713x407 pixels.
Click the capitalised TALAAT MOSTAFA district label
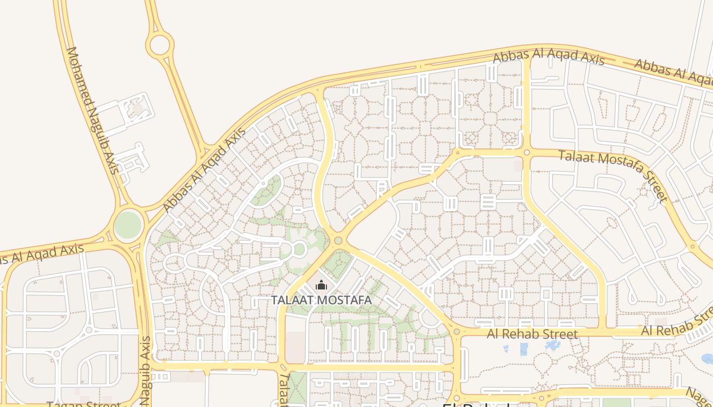pos(321,300)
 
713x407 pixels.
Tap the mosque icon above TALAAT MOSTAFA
pos(321,285)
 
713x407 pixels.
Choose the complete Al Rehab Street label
pos(532,334)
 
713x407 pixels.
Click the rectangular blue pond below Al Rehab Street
pos(524,349)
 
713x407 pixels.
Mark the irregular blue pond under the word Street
pos(553,345)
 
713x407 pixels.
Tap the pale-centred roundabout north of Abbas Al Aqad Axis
pos(159,44)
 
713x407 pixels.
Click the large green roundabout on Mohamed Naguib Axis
pos(128,225)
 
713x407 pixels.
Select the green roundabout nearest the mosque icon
pos(338,240)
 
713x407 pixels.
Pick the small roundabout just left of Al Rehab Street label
pos(457,332)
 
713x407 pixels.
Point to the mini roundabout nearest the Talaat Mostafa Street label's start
pos(527,152)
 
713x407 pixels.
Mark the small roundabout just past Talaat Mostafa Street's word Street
pos(692,247)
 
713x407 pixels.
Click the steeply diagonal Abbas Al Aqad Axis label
pos(204,170)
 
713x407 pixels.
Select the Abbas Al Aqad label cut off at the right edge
pos(672,71)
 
